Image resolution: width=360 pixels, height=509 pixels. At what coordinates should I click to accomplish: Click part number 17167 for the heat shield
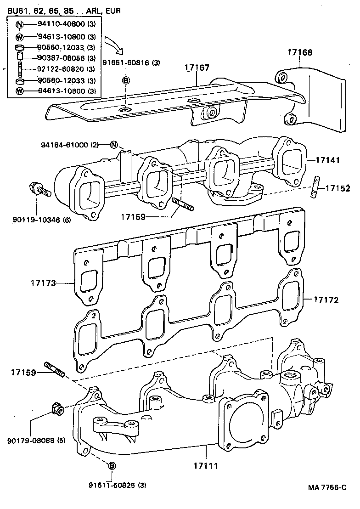tap(197, 67)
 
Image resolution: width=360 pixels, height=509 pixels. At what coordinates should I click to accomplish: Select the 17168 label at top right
tap(300, 52)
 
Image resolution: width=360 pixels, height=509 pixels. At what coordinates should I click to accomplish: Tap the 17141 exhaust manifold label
tap(327, 161)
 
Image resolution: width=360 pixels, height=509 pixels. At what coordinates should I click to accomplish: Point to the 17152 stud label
tap(338, 188)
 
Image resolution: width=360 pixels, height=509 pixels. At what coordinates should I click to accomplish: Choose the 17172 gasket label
tap(326, 300)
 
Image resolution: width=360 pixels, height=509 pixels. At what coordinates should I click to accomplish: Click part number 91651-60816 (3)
tap(131, 62)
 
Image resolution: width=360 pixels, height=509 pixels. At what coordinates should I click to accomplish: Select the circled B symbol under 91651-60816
tap(126, 81)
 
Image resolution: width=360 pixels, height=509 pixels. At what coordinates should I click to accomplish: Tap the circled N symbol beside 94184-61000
tap(114, 145)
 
